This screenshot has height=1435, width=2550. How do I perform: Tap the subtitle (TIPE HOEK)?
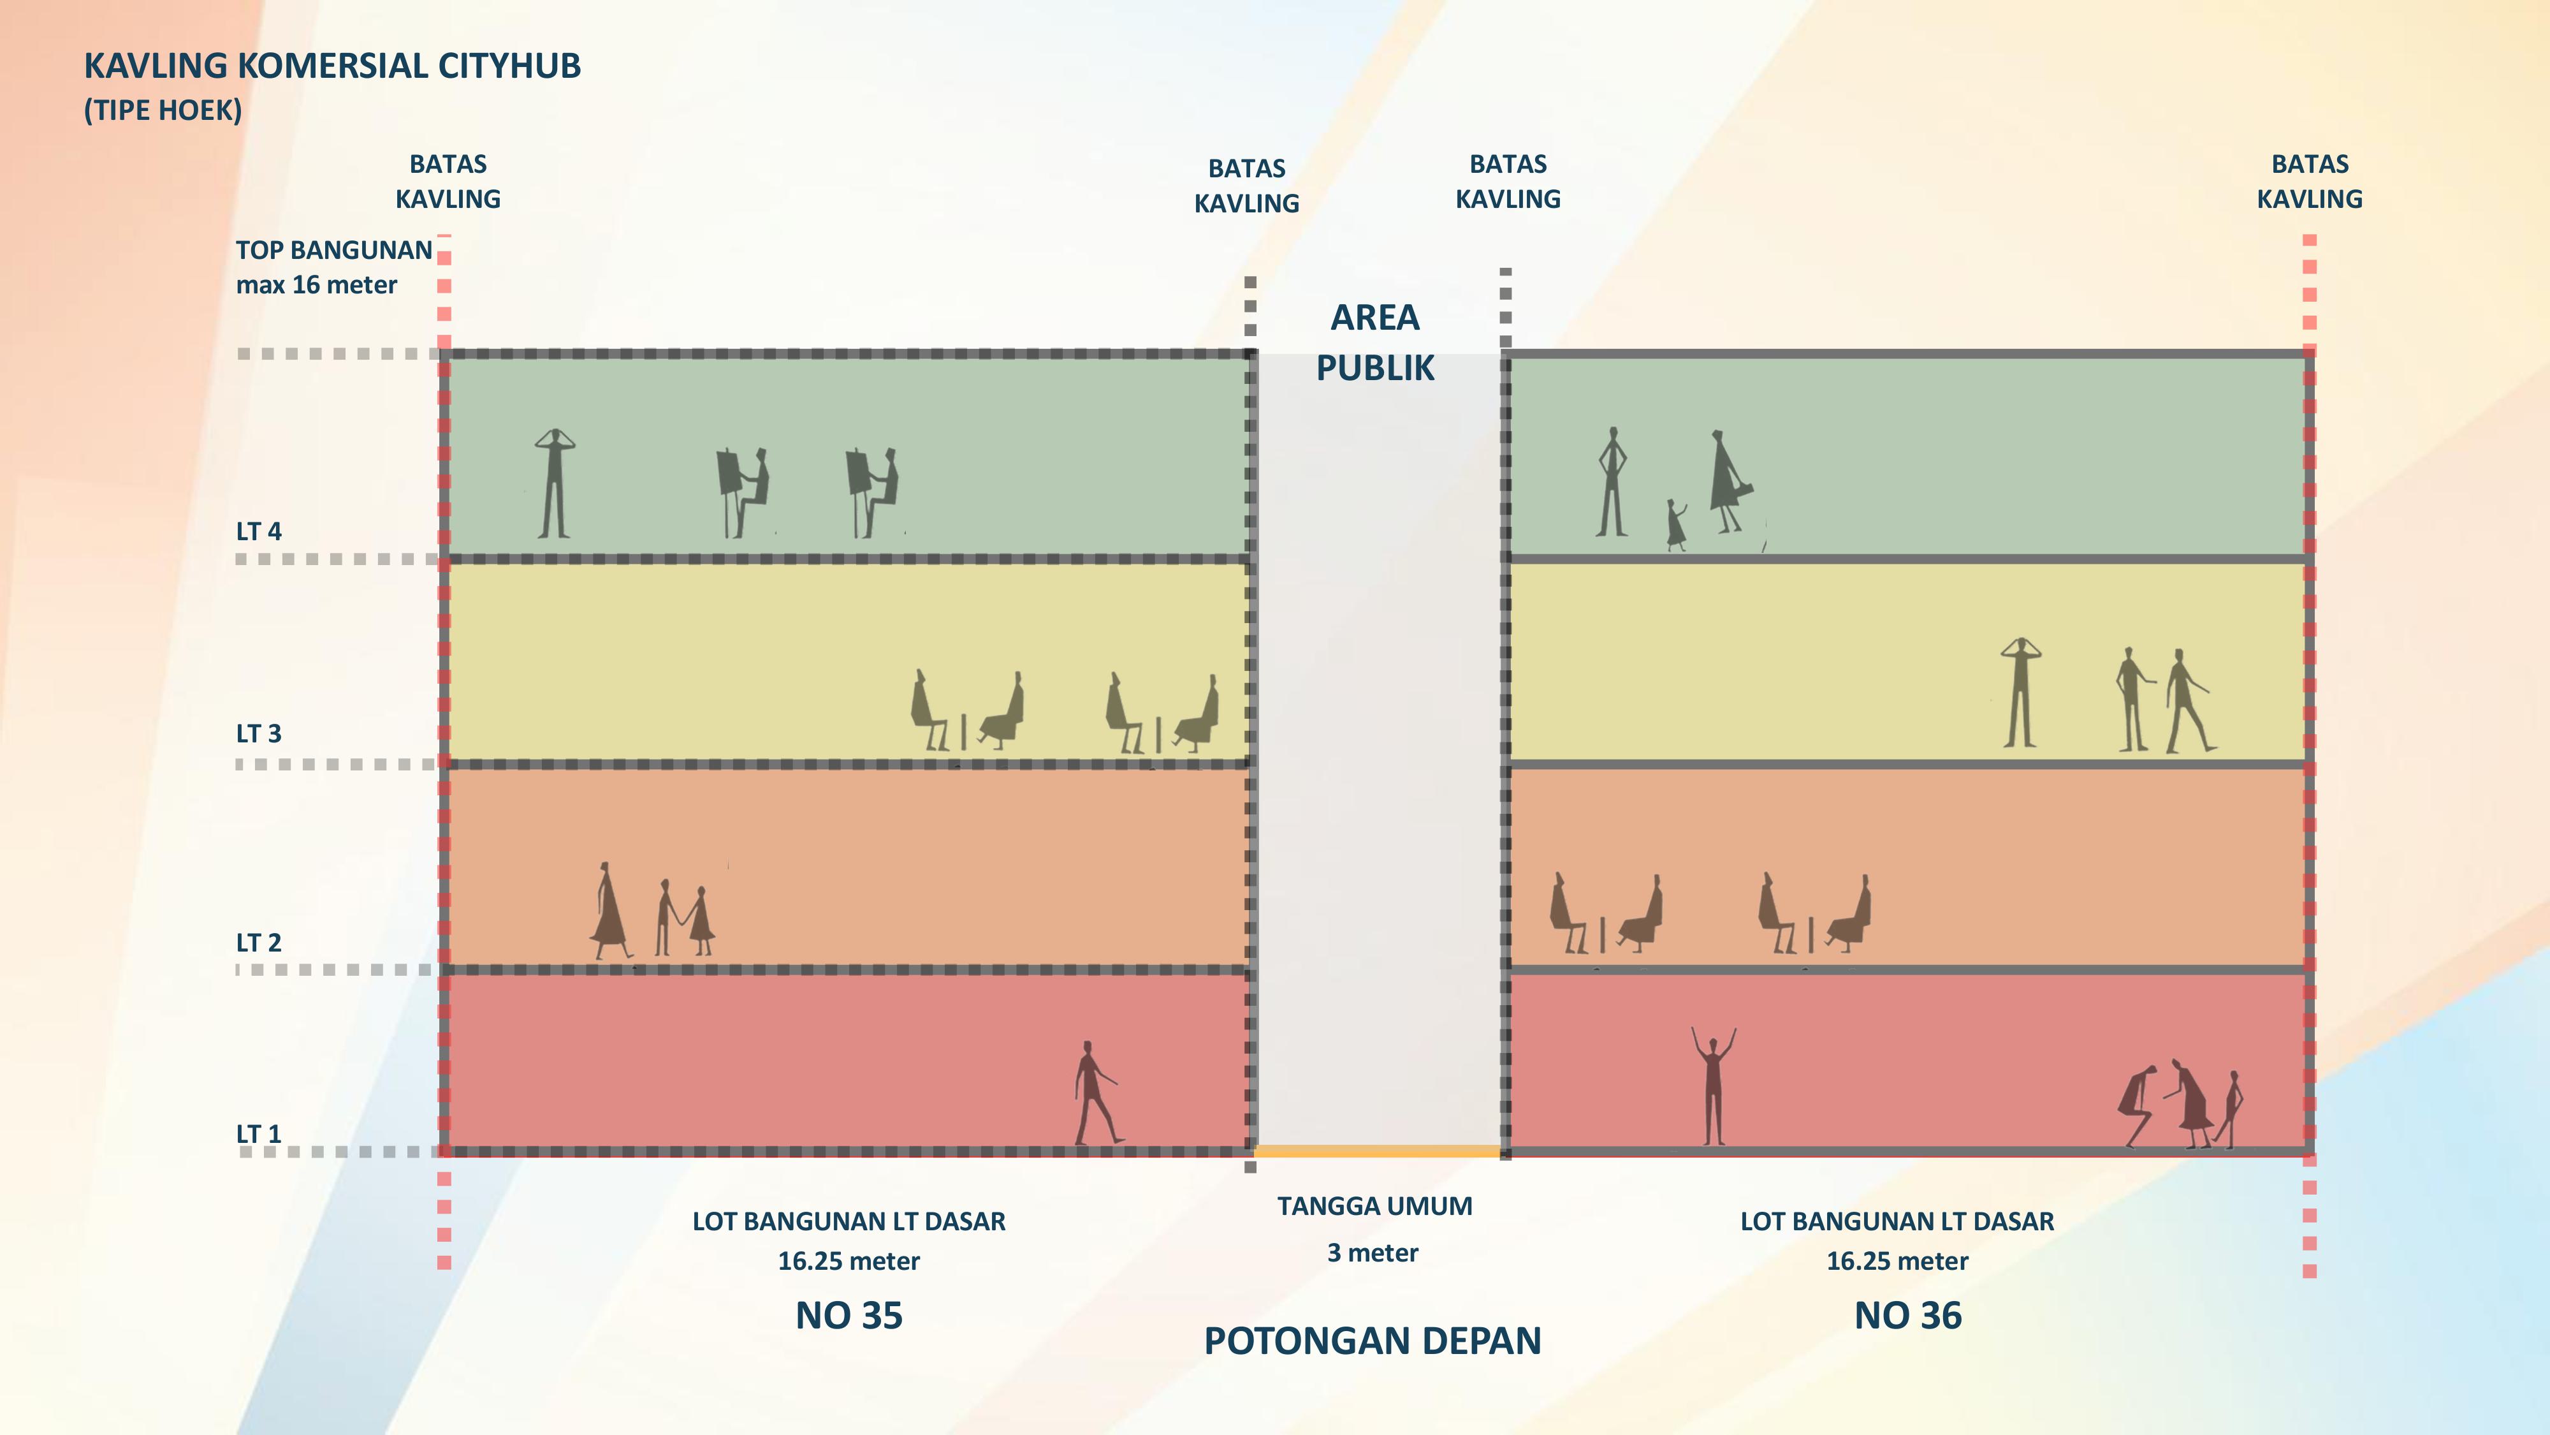tap(163, 110)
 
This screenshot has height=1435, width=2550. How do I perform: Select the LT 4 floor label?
tap(258, 532)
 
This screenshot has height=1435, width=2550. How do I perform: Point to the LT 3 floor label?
tap(258, 734)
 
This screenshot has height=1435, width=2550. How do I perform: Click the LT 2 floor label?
tap(258, 943)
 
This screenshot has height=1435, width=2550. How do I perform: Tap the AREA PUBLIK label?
tap(1375, 342)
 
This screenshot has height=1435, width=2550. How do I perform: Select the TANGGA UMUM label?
tap(1374, 1206)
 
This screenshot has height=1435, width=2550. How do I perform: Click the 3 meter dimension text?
tap(1373, 1253)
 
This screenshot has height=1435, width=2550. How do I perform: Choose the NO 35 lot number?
tap(849, 1315)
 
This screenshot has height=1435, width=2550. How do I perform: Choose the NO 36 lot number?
tap(1907, 1315)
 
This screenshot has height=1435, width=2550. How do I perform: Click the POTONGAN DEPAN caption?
tap(1372, 1341)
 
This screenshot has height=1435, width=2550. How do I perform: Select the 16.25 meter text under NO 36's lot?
tap(1897, 1261)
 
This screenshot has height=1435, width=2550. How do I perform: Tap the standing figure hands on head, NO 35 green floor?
tap(555, 483)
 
